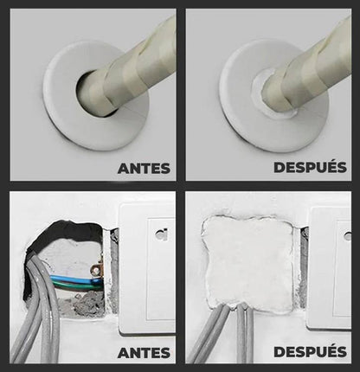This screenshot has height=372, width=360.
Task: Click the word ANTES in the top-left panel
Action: click(x=144, y=169)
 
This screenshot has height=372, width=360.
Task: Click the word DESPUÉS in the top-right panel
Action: click(x=310, y=167)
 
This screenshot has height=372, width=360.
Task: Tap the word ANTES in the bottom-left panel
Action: click(x=144, y=353)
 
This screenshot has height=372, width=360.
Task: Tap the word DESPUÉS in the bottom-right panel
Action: click(x=310, y=351)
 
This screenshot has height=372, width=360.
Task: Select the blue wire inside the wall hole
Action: click(x=75, y=279)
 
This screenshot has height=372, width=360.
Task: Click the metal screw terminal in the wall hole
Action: click(x=96, y=269)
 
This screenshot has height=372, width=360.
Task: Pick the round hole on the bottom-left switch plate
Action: click(x=159, y=234)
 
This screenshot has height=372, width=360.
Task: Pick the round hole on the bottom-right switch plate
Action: click(x=348, y=236)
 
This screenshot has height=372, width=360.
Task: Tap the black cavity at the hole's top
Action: click(x=67, y=234)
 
